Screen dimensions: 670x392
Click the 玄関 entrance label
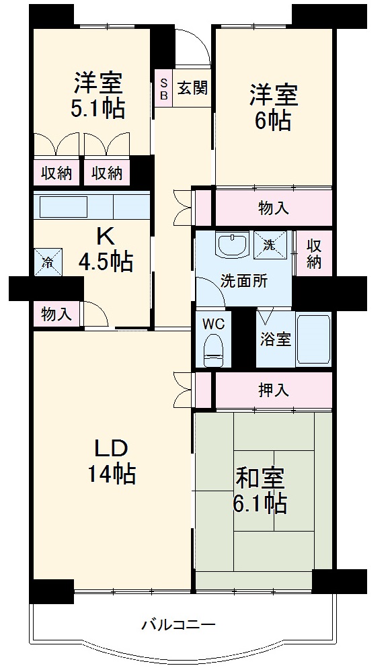(x=192, y=87)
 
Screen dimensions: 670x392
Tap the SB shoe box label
(x=163, y=87)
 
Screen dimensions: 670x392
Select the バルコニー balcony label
(x=178, y=625)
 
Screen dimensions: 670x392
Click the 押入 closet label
(x=274, y=391)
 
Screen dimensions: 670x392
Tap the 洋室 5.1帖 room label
(x=99, y=96)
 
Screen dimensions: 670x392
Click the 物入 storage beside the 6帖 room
(x=274, y=208)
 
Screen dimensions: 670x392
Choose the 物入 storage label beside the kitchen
(x=56, y=314)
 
